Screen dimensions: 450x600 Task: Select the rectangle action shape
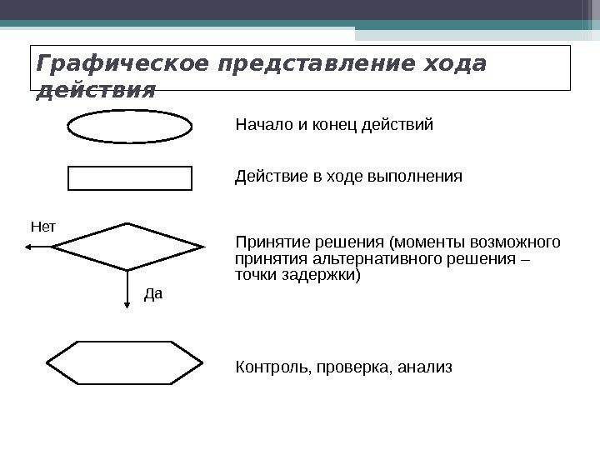129,178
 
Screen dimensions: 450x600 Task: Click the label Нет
42,226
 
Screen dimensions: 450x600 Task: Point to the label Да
154,293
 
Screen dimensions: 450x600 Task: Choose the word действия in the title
97,91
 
